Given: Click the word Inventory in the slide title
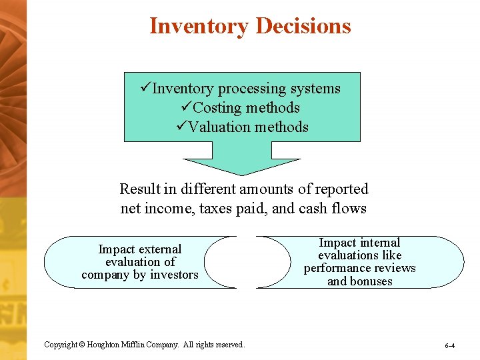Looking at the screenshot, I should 199,26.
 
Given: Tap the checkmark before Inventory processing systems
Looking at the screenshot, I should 147,89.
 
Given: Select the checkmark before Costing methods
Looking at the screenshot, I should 187,108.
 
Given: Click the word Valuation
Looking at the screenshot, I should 221,127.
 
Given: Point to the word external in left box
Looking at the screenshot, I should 159,249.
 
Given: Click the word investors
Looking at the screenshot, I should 173,275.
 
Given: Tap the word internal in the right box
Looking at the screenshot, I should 378,243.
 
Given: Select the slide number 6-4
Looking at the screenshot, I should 450,346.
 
